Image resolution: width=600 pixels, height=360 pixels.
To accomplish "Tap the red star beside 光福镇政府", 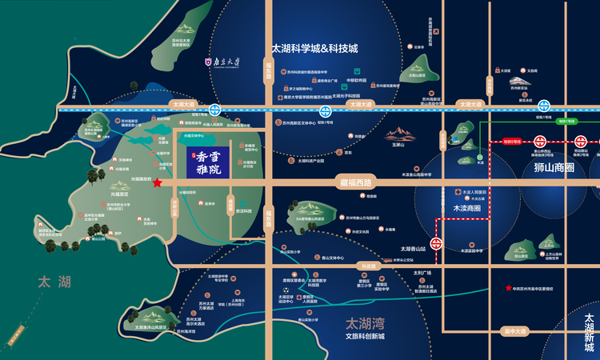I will pyautogui.click(x=158, y=183).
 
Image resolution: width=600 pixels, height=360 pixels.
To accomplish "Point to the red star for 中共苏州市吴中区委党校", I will pyautogui.click(x=507, y=288).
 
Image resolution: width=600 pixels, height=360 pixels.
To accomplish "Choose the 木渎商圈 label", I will pyautogui.click(x=466, y=208).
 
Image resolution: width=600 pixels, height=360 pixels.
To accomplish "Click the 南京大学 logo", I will pyautogui.click(x=223, y=58).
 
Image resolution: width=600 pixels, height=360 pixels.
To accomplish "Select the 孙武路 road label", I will pyautogui.click(x=367, y=265).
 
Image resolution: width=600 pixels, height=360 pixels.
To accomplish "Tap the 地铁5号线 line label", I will pyautogui.click(x=511, y=141).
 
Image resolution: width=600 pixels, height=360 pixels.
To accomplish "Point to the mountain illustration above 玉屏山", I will pyautogui.click(x=400, y=134).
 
